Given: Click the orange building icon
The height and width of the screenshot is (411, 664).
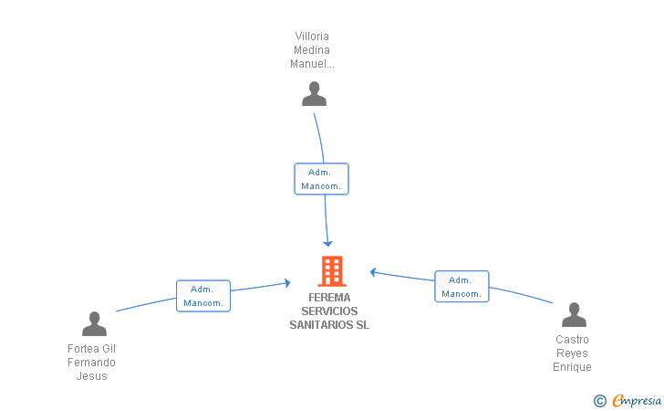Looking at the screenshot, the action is [332, 271].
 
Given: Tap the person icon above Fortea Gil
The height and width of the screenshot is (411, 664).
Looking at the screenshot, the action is [94, 323].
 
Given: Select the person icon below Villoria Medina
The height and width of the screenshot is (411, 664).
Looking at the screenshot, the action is [314, 93].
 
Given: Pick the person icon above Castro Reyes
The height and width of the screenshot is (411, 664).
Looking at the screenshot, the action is [574, 314].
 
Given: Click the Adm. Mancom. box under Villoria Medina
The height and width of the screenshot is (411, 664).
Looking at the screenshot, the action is [321, 179].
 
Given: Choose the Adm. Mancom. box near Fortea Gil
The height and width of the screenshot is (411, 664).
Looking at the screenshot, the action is [203, 296].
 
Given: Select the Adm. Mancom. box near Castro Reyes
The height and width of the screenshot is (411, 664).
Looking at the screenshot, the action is [462, 286].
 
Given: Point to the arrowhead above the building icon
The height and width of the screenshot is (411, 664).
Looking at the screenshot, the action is [327, 244].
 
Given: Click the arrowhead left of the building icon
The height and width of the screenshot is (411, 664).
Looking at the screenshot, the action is [287, 283].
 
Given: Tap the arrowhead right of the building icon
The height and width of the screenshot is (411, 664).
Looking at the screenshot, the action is [373, 272].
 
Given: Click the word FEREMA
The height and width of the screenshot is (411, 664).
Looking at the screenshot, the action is [329, 298].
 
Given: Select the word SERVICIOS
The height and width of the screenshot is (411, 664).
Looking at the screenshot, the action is [329, 311].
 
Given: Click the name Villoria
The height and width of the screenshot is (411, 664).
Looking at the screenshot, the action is [312, 36].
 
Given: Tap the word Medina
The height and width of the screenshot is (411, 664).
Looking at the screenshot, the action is [312, 50].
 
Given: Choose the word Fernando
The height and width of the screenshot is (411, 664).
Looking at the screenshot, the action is [91, 363].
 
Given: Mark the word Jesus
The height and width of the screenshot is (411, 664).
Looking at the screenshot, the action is [91, 376].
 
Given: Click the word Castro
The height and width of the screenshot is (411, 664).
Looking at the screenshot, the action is [572, 340].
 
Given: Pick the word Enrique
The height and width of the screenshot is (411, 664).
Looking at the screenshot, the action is [572, 367].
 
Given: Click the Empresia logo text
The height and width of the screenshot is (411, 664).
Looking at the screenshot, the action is [637, 400].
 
